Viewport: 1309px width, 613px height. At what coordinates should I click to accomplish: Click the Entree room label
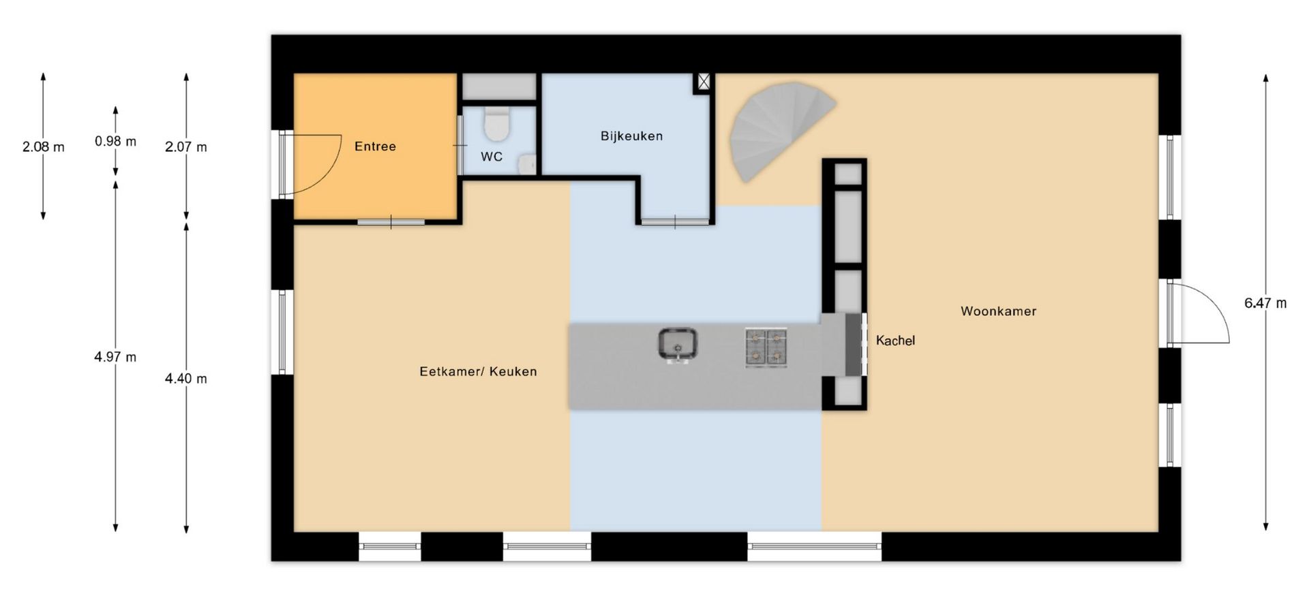[375, 146]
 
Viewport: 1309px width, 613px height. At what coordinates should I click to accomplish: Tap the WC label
[492, 157]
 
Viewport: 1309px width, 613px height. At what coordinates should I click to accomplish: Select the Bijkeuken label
[631, 136]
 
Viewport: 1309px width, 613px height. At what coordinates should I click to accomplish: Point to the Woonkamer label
[998, 311]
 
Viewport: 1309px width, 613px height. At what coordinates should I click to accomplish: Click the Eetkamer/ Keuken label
[478, 371]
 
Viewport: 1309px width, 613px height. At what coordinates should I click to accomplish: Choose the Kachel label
[895, 341]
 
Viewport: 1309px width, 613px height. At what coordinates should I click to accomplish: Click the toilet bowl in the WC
[496, 123]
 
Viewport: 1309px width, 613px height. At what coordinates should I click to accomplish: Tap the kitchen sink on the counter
[678, 345]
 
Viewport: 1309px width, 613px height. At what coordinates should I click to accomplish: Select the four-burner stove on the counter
[766, 347]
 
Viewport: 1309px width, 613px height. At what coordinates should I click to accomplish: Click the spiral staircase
[777, 129]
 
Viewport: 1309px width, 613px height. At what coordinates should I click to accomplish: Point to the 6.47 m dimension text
[1265, 303]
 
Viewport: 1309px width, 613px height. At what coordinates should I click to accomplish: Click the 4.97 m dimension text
[115, 357]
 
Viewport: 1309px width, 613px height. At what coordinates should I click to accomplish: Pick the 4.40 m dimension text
[186, 379]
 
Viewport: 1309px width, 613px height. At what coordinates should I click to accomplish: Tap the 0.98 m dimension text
[115, 142]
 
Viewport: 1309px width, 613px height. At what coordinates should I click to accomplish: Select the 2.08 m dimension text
[44, 146]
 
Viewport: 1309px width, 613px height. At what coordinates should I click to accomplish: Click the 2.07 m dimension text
[186, 147]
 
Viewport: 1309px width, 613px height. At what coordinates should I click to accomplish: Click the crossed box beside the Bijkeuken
[704, 82]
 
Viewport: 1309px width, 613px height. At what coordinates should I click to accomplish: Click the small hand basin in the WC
[527, 164]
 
